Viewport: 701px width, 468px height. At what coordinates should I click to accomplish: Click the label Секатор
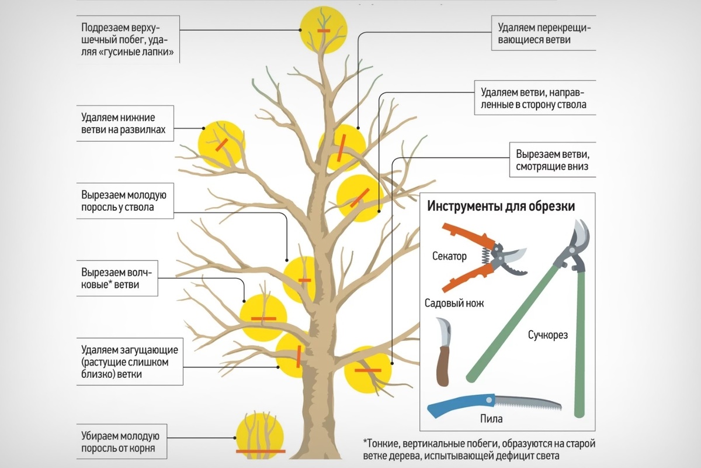449,256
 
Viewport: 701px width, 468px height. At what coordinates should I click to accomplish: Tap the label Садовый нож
454,303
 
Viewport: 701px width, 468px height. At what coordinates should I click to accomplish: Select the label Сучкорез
548,335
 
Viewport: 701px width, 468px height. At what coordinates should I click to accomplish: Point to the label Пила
491,419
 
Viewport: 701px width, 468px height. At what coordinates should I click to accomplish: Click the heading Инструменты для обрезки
501,207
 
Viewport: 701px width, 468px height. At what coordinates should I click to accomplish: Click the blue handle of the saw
461,405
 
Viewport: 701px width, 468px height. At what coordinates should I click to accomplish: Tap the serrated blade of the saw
528,404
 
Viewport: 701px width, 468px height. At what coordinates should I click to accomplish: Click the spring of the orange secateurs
485,256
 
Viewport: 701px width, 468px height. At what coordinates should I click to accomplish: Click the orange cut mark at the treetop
324,31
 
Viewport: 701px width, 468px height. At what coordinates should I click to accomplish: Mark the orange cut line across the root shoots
261,452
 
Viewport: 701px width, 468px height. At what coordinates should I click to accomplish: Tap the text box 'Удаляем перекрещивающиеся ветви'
544,33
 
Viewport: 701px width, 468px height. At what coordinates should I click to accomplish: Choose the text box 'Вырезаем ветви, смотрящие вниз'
553,160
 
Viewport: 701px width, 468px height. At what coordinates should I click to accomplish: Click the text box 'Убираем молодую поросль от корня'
122,442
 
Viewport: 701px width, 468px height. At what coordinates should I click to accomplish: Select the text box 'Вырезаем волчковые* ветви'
117,278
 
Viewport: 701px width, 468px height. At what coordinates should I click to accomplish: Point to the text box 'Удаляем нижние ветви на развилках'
125,123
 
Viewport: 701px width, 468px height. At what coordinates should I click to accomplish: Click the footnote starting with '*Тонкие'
479,450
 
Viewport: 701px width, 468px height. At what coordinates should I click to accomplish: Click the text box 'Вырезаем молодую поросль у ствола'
125,201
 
